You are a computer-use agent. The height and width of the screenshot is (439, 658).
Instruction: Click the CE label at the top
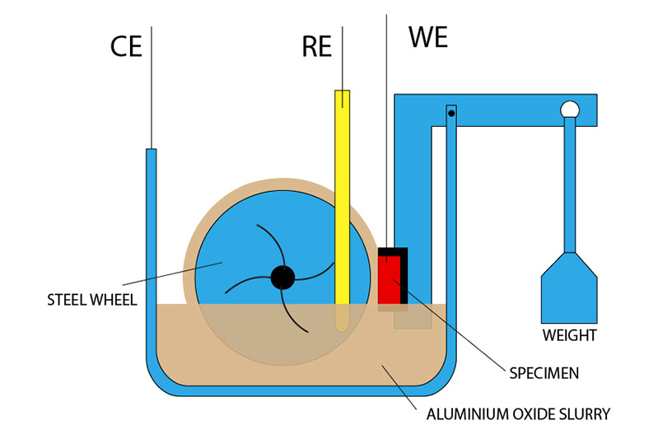(x=127, y=46)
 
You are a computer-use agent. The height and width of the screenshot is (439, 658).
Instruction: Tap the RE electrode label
(x=316, y=47)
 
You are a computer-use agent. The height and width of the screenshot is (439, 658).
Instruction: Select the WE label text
(x=428, y=38)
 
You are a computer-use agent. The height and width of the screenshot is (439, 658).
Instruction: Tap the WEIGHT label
(x=569, y=336)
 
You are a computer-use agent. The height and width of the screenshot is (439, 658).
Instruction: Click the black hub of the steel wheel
(x=282, y=278)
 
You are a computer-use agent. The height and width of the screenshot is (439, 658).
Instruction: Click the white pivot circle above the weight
(x=569, y=109)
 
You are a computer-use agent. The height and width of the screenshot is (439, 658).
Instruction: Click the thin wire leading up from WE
(x=386, y=124)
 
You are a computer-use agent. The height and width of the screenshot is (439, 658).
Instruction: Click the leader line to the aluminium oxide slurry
(x=403, y=385)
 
